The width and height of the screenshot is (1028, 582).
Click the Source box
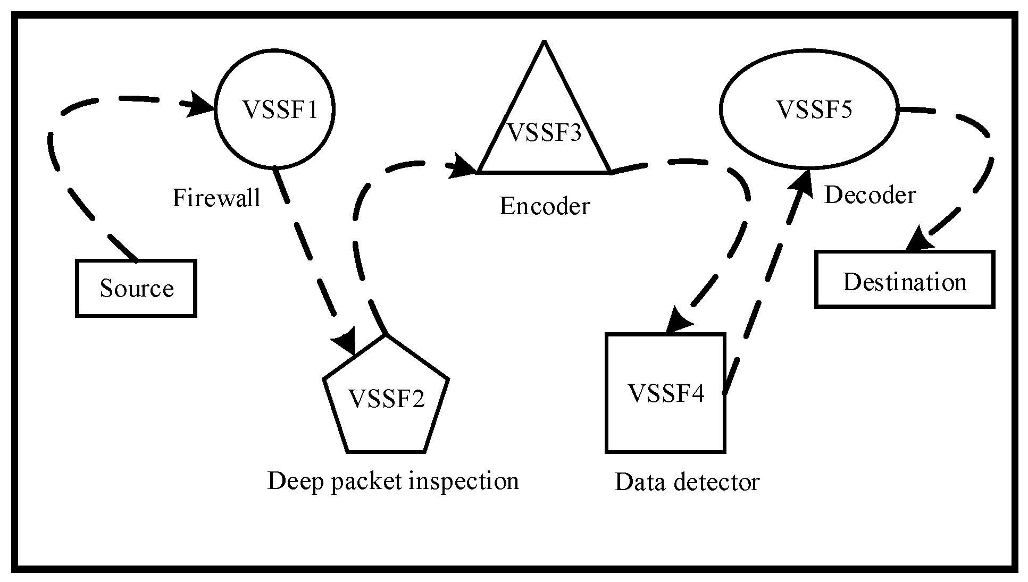click(x=136, y=289)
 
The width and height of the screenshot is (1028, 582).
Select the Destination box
click(x=904, y=280)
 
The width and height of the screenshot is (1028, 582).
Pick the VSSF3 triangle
click(x=544, y=133)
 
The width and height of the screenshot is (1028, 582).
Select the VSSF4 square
click(x=665, y=393)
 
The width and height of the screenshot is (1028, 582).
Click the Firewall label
click(x=216, y=198)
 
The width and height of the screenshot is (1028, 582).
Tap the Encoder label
click(x=544, y=206)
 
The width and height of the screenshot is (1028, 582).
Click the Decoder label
click(x=870, y=195)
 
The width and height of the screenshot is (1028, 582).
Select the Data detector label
click(x=687, y=482)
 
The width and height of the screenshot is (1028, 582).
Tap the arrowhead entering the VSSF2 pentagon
click(x=346, y=342)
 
